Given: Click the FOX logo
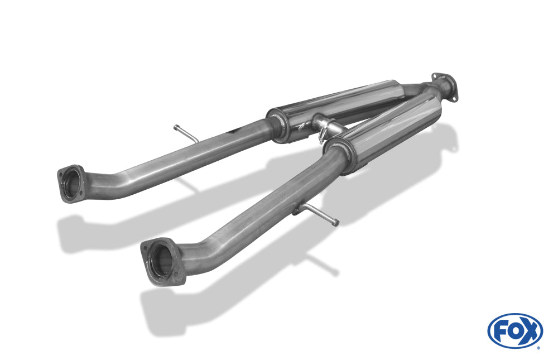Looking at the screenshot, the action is (515, 331).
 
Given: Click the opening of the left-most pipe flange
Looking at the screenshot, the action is (72, 184).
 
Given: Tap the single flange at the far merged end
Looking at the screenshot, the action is (444, 86).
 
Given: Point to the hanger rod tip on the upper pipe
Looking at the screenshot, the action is (176, 126).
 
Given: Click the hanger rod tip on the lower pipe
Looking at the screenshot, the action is (335, 223).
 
